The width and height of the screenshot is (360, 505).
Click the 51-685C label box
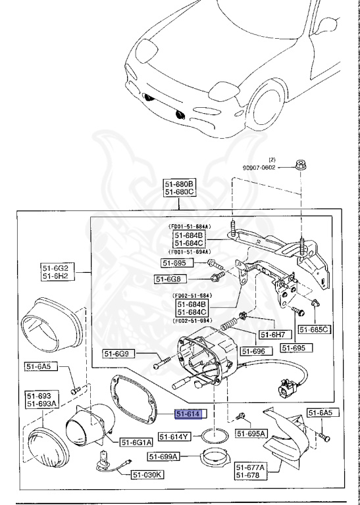coord(314,329)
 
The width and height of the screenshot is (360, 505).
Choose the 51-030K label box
coord(150,473)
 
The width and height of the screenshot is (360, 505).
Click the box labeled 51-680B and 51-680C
coord(180,188)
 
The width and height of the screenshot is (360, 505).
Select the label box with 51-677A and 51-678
coord(250,470)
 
